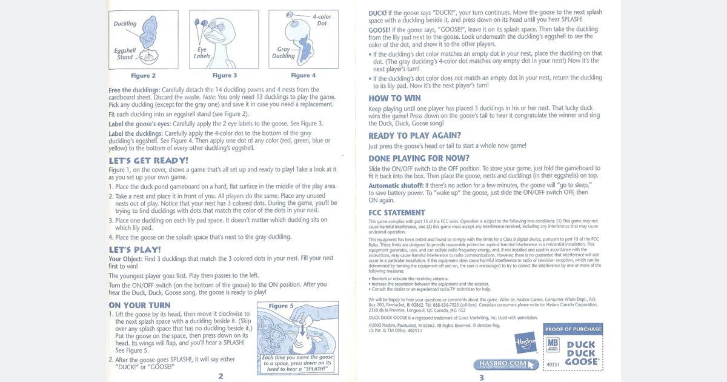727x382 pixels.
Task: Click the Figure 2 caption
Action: point(143,76)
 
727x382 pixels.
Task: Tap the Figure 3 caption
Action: point(225,76)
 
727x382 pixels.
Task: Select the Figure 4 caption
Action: point(304,76)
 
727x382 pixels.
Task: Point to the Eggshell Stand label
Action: point(125,54)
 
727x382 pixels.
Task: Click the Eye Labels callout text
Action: point(202,53)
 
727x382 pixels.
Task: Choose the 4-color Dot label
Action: point(322,20)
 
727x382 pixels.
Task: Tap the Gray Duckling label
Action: point(284,53)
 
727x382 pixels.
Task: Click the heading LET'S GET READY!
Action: point(148,161)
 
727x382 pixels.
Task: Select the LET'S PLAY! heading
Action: point(134,250)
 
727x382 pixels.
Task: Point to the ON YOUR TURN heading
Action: point(139,305)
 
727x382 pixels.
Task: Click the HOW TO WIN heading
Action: point(394,98)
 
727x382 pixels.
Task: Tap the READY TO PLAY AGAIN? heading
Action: point(414,136)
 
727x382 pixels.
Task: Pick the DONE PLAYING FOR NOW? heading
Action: point(419,158)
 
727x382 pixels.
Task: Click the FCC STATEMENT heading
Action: point(397,213)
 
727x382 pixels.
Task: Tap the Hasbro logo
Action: point(526,343)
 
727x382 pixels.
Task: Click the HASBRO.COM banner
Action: point(506,364)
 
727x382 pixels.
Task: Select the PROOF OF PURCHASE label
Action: point(573,329)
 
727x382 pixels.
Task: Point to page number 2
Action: point(221,376)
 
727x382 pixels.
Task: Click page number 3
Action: point(481,377)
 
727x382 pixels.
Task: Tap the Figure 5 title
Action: point(281,306)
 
